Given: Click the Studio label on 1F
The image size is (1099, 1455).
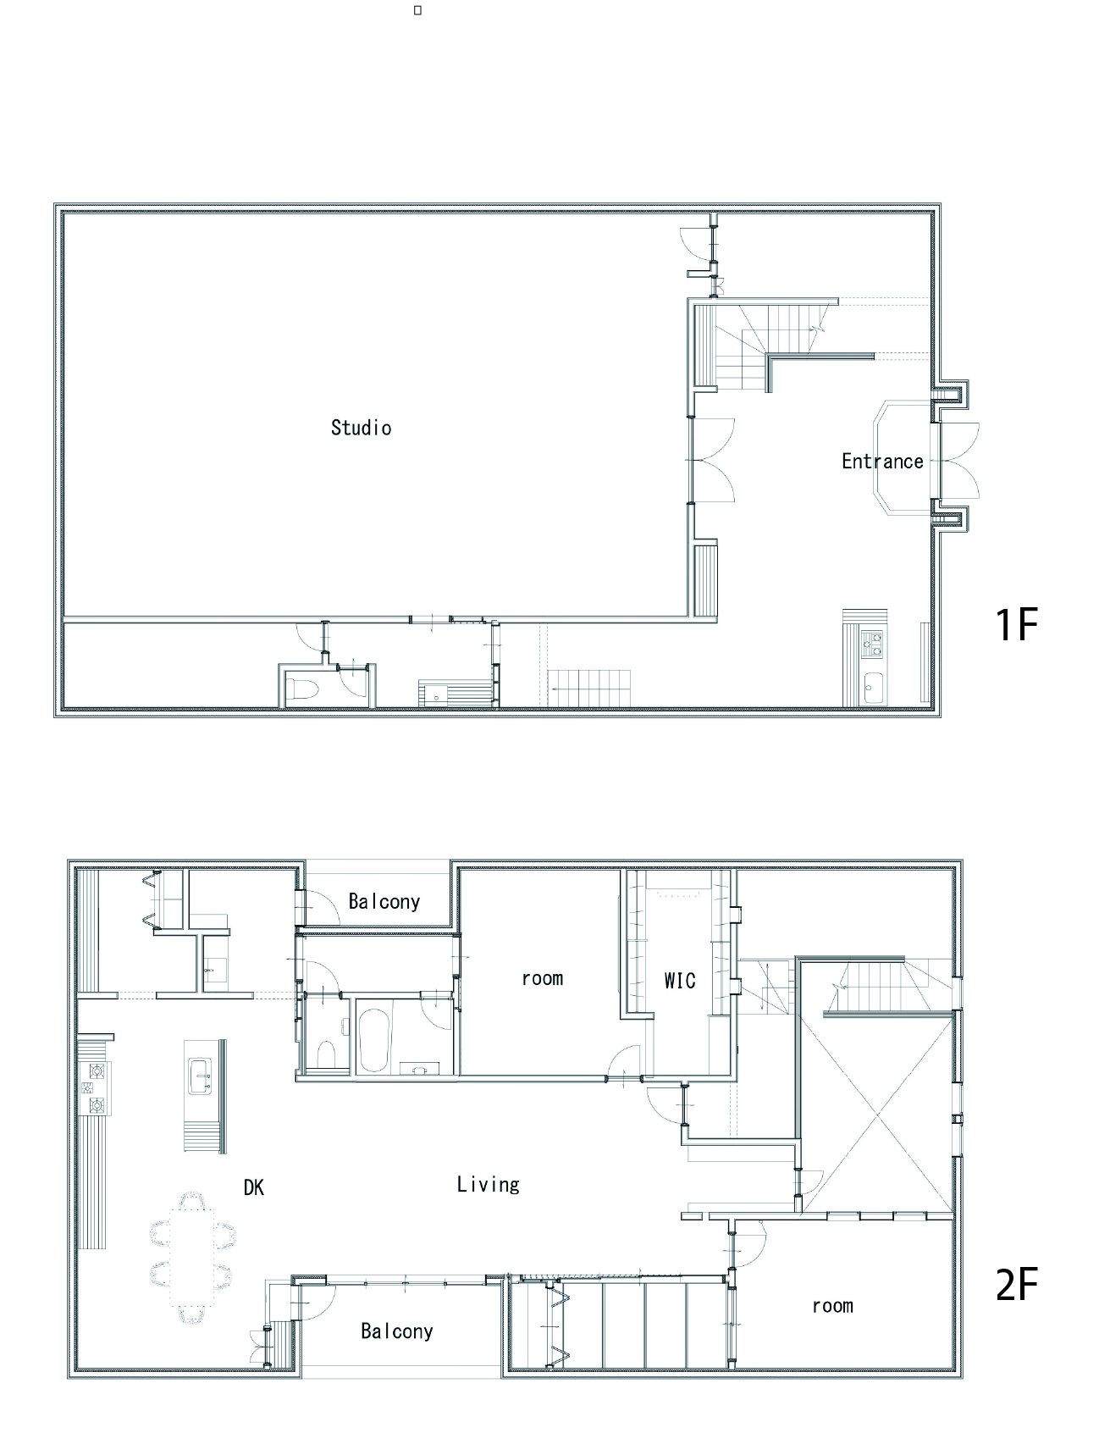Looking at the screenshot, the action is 362,428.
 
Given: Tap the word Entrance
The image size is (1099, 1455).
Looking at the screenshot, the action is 882,462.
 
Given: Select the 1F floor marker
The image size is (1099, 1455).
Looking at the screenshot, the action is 1016,625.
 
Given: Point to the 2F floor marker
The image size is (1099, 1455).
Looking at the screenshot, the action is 1016,1284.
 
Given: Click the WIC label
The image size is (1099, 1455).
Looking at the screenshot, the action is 680,981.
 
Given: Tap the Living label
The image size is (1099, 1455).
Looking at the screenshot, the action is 489,1184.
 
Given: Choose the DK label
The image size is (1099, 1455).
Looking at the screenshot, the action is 254,1187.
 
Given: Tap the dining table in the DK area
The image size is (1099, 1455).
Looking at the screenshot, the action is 193,1257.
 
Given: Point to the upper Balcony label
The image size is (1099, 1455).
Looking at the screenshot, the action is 384,901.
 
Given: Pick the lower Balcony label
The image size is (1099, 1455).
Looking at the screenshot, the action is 397,1331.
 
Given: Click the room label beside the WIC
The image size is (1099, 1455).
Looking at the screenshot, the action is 543,979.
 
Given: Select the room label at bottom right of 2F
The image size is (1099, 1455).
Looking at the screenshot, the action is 833,1306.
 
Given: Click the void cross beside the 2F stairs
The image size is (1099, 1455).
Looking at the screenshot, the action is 878,1115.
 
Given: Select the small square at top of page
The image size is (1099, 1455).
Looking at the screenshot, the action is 417,10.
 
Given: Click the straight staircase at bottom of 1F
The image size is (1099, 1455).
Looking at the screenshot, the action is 590,688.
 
